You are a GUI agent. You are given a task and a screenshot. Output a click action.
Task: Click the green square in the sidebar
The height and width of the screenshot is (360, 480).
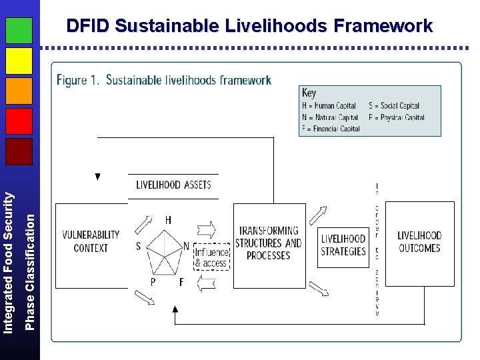[x=19, y=31]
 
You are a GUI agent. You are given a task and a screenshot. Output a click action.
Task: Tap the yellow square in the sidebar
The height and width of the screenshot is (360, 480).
[x=19, y=61]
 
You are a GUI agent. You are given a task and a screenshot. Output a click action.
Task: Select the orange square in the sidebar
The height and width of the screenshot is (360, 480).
[x=19, y=91]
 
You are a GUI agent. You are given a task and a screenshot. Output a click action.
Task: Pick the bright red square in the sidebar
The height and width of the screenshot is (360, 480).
[x=19, y=121]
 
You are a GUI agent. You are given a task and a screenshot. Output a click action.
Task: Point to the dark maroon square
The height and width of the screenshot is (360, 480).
[x=19, y=151]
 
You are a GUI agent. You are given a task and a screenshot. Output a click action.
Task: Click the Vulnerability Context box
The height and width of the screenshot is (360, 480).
[x=91, y=241]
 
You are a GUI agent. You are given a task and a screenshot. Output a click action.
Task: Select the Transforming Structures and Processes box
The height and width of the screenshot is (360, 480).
[x=269, y=243]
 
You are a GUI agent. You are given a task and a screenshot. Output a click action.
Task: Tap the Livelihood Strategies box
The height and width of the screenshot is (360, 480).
[x=343, y=245]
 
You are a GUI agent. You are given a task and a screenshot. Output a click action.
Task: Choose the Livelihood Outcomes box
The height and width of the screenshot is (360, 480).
[x=419, y=242]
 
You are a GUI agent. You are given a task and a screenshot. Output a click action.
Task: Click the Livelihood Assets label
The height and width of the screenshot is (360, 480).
[x=173, y=185]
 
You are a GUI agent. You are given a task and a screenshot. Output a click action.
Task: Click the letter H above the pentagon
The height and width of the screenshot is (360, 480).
[x=168, y=219]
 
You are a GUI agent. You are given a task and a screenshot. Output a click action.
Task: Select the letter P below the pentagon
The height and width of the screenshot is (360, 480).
[x=153, y=282]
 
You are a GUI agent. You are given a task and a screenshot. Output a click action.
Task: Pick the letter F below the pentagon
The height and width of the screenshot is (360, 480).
[x=181, y=282]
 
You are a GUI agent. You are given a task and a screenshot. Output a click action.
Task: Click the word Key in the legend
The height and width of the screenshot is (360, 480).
[x=309, y=93]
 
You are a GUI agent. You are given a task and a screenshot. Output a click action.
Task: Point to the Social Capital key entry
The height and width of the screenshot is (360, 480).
[x=394, y=106]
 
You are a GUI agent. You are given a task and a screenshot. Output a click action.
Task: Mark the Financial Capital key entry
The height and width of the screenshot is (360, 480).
[x=331, y=129]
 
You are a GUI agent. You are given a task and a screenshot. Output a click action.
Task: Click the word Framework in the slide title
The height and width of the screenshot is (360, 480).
[x=383, y=26]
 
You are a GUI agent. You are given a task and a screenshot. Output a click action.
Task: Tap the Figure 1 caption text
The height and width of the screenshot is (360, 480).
[x=164, y=80]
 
